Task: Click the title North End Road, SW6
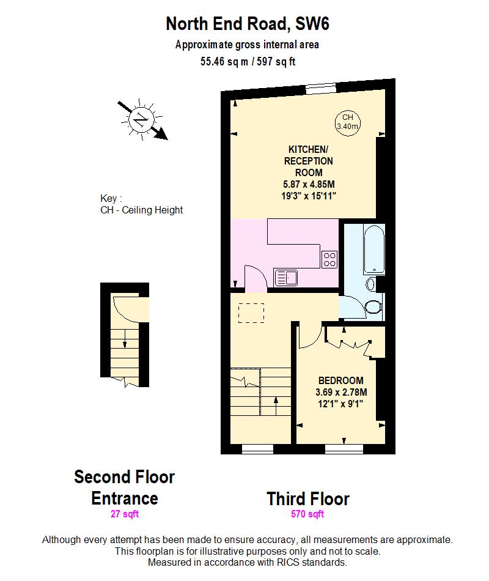tap(247, 24)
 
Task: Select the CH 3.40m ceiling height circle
tap(347, 121)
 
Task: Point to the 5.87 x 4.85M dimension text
tap(309, 184)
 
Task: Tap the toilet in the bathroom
tap(373, 305)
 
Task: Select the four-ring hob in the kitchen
tap(329, 259)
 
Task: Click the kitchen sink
tap(285, 278)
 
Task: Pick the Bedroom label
tap(340, 380)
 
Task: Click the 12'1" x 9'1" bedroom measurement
tap(340, 403)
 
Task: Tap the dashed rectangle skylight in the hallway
tap(251, 313)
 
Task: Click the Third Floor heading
tap(307, 498)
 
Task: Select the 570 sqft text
tap(307, 514)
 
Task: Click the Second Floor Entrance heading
tap(125, 487)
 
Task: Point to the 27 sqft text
tap(125, 514)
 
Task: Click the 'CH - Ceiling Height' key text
tap(142, 210)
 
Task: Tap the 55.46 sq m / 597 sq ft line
tap(248, 61)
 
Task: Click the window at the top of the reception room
tap(320, 88)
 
